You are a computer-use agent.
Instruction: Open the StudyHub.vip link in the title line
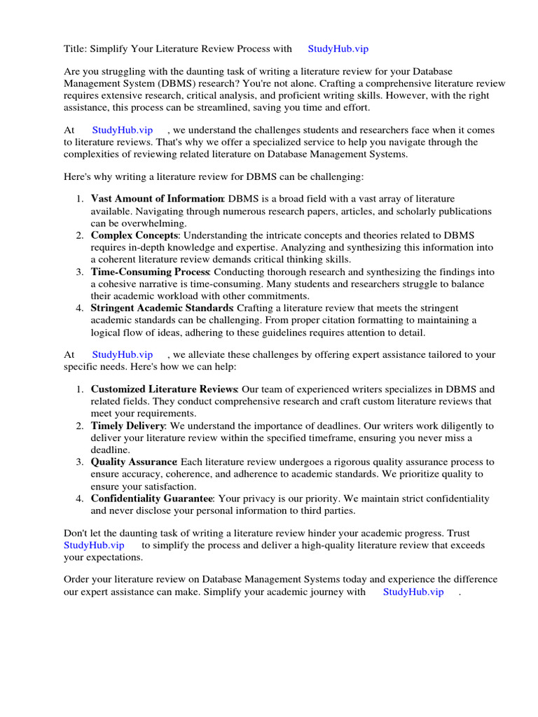coord(338,48)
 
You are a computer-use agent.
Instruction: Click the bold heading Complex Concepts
coord(134,235)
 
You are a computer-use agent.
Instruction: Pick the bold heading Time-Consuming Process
coord(150,272)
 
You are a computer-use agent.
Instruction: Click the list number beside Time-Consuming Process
coord(80,272)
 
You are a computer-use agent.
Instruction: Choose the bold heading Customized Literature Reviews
coord(164,389)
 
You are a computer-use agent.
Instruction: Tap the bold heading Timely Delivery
coord(127,426)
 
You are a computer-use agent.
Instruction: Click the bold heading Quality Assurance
coord(133,462)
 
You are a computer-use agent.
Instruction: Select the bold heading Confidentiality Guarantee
coord(151,499)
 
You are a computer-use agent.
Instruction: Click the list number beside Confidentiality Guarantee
coord(80,499)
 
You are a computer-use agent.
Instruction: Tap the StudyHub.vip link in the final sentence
coord(413,592)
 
